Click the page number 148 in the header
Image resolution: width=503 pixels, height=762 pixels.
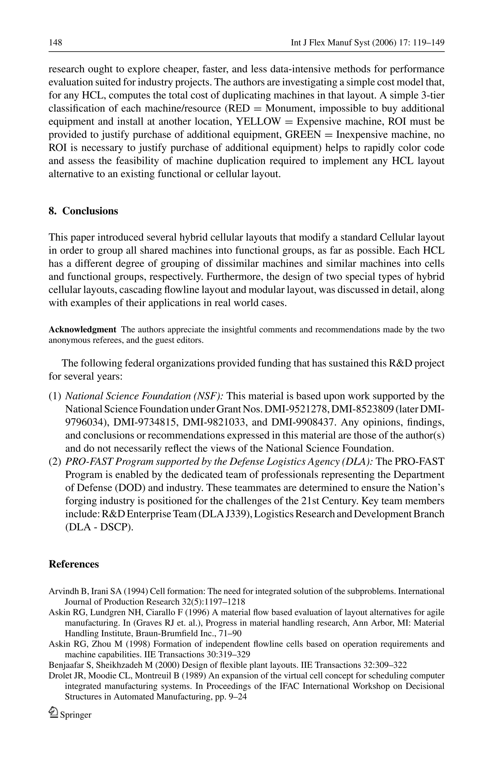click(x=55, y=43)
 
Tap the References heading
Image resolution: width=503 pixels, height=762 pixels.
click(x=74, y=564)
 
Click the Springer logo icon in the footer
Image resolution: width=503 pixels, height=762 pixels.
click(x=53, y=713)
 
